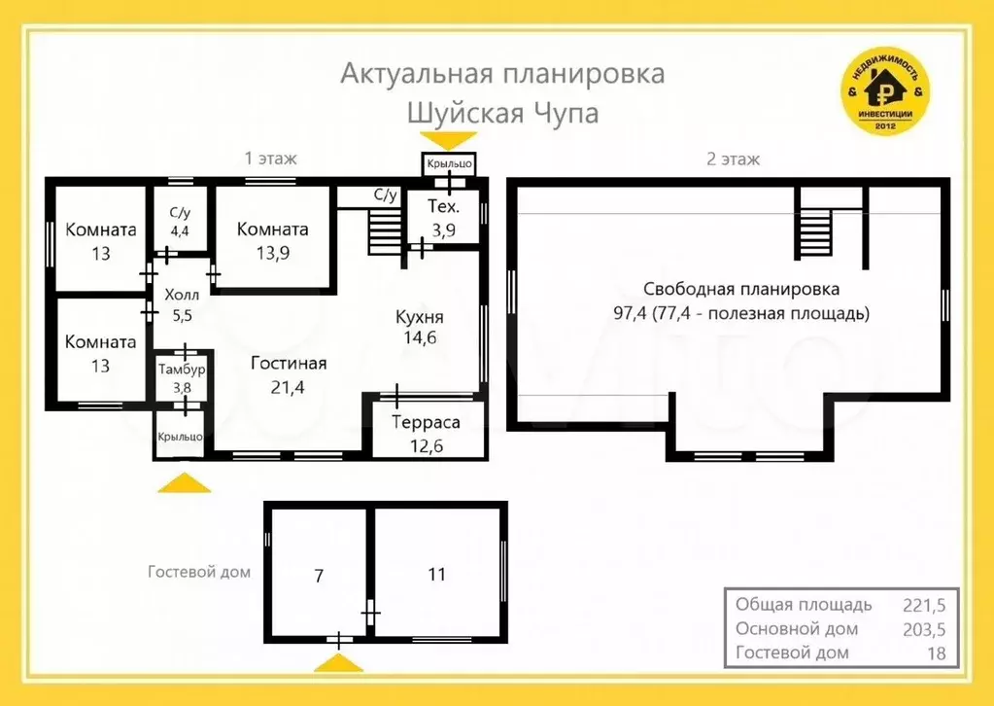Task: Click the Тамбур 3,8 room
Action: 182,378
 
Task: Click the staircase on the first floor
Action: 385,233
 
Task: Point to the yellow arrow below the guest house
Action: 337,663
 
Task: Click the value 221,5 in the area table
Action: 923,604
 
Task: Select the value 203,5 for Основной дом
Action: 923,628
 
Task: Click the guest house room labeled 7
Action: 318,575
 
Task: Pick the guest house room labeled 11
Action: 437,574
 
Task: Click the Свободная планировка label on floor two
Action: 741,290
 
